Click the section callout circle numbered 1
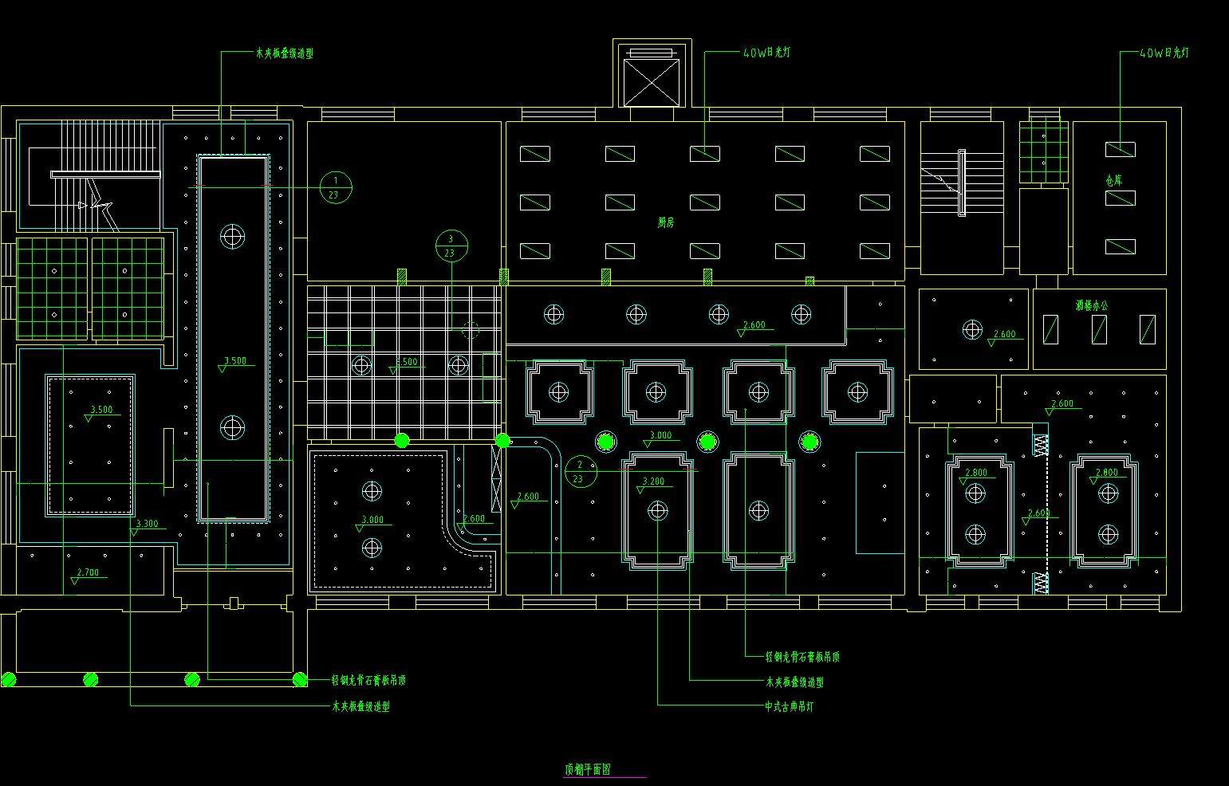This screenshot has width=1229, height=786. click(x=336, y=187)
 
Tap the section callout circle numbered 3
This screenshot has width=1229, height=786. click(x=451, y=246)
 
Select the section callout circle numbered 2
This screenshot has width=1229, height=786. click(x=580, y=471)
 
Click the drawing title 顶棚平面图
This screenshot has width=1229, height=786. click(x=588, y=769)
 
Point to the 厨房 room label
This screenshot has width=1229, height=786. click(x=666, y=222)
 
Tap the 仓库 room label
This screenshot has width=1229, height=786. click(x=1114, y=181)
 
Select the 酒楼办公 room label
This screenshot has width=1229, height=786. click(x=1091, y=305)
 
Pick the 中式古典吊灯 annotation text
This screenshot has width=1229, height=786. click(x=790, y=706)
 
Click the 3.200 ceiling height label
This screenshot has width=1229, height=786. click(x=653, y=481)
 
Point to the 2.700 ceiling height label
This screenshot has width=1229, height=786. click(x=88, y=572)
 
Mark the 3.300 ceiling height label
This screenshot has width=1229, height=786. click(x=147, y=524)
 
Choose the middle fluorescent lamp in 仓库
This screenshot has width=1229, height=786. click(x=1120, y=198)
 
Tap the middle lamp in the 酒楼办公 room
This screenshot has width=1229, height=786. click(x=1099, y=328)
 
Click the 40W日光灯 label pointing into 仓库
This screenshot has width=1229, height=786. click(x=1164, y=53)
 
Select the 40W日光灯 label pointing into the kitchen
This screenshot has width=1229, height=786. click(x=766, y=53)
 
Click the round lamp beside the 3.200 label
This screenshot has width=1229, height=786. click(x=657, y=510)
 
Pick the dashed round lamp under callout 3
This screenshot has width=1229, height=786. click(x=470, y=330)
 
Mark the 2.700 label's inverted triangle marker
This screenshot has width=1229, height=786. click(x=75, y=581)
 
